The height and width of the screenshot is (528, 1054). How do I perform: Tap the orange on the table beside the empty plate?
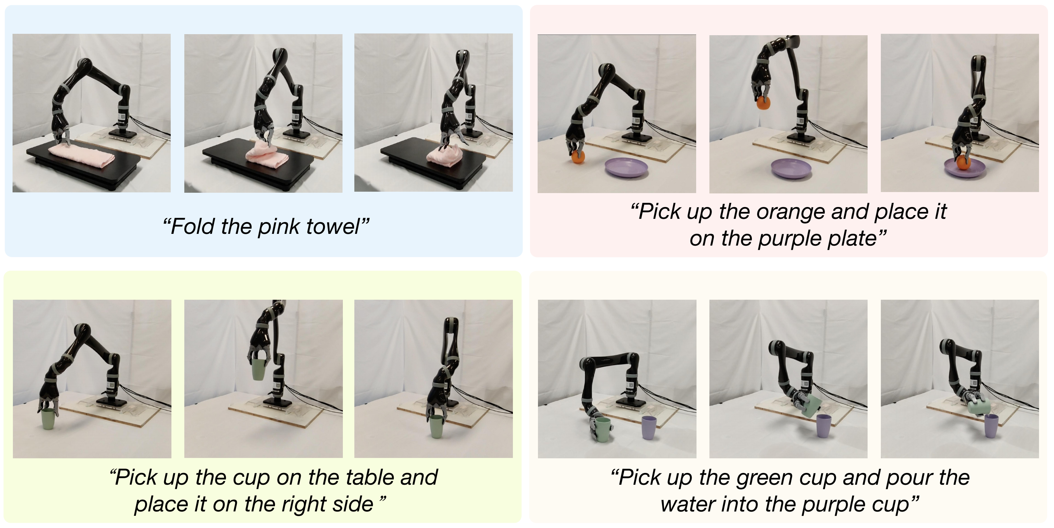578,157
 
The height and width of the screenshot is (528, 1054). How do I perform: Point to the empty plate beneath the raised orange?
791,168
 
